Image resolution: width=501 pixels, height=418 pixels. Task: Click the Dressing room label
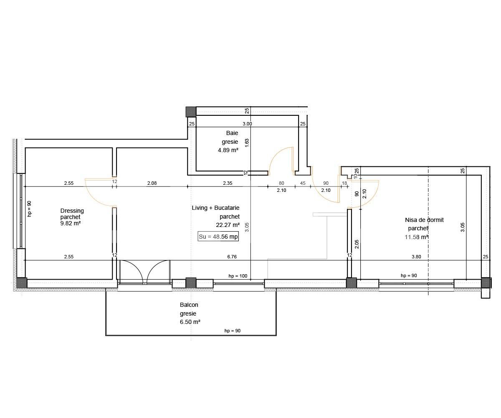click(72, 211)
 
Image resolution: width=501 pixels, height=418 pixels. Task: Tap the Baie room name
click(232, 133)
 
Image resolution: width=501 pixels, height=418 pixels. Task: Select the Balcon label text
click(189, 305)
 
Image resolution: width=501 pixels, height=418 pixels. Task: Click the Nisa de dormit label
click(424, 220)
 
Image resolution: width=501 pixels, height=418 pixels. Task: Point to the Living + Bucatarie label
click(215, 208)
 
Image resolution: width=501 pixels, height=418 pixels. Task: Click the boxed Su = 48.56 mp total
click(218, 237)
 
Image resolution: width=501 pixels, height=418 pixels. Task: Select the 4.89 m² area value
click(228, 150)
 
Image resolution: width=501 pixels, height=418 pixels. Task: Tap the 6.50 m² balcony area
click(190, 322)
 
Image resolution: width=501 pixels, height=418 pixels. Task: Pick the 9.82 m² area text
click(71, 223)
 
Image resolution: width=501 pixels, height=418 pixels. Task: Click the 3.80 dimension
click(416, 257)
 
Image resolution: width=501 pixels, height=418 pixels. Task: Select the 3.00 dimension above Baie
click(247, 124)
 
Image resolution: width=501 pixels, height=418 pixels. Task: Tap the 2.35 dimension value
click(228, 183)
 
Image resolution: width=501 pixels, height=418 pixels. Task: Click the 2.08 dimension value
click(152, 183)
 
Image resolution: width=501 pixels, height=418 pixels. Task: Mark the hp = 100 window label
click(238, 276)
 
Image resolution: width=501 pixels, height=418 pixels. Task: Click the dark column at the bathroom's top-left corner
click(191, 112)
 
